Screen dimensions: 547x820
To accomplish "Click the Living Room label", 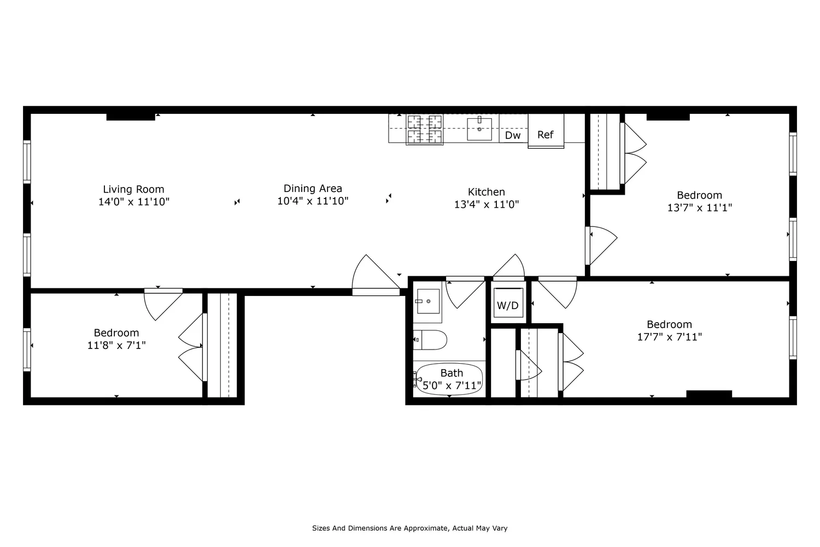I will tap(133, 189).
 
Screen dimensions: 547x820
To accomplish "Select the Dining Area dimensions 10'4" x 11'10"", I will tap(313, 201).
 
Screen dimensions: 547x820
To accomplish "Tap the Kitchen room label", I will tap(486, 192).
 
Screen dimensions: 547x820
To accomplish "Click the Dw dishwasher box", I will tap(513, 135).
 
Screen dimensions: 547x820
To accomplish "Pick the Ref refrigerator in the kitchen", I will tap(546, 135).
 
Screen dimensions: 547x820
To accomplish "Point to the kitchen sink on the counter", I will tap(479, 129).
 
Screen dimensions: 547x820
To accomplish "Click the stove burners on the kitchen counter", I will tap(424, 129).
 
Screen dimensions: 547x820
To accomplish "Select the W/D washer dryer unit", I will tap(507, 305).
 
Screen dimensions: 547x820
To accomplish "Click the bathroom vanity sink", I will tap(428, 301).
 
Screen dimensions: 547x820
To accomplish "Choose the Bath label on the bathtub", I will tap(452, 373).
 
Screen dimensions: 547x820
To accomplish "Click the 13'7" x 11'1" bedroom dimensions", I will tap(699, 208).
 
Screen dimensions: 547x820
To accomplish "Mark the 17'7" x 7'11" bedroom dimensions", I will tap(669, 337).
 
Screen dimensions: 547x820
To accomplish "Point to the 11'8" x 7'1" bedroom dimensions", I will tap(116, 346).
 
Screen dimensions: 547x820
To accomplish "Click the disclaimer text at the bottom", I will tap(409, 528).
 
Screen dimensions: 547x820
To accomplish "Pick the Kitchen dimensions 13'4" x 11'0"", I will tap(486, 205).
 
